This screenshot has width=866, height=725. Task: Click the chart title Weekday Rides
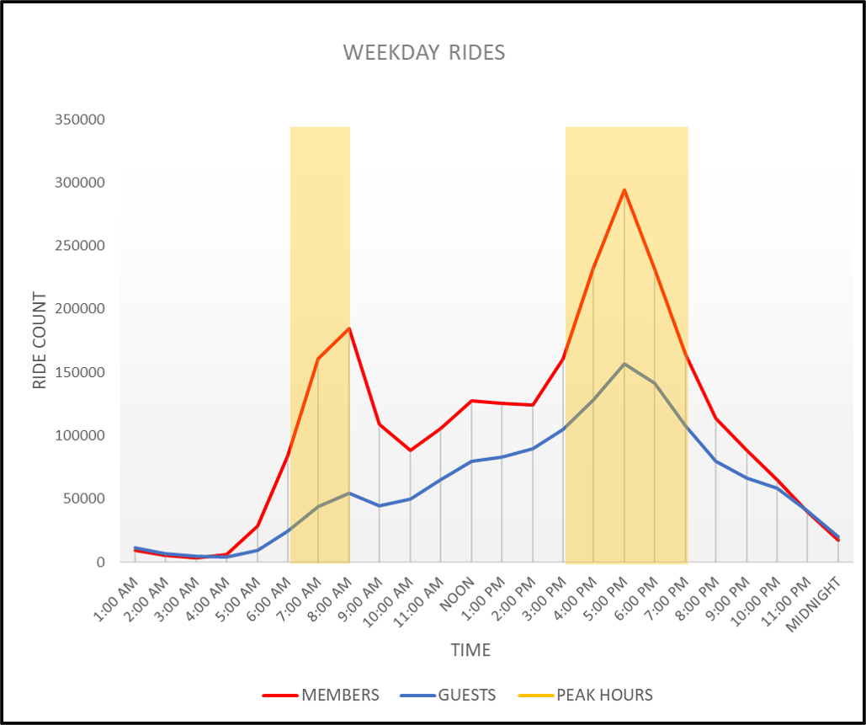click(424, 52)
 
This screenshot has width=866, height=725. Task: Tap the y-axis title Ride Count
click(40, 340)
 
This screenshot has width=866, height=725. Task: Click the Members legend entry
click(340, 696)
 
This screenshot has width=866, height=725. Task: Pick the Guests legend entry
click(466, 696)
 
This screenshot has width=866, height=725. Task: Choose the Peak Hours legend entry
click(604, 696)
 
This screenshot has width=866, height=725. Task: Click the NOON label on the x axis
click(460, 593)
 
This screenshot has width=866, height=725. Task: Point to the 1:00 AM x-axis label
click(118, 598)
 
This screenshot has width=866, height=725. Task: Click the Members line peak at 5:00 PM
click(624, 189)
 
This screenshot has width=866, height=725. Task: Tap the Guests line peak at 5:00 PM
click(624, 364)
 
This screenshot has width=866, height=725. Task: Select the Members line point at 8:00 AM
click(349, 328)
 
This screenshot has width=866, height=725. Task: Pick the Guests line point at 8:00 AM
click(349, 493)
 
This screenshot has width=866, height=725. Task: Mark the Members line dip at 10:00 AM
click(411, 450)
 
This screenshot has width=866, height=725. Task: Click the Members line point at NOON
click(471, 401)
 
